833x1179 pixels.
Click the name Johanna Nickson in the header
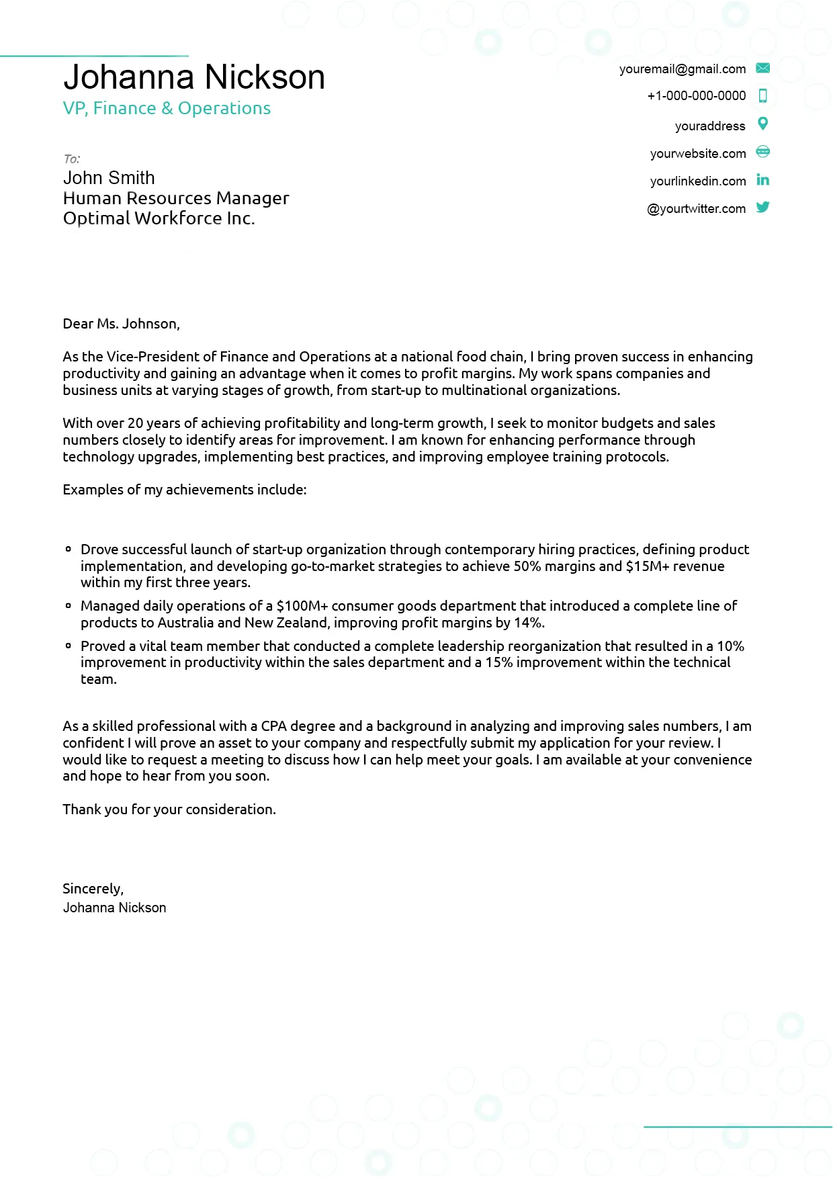[194, 77]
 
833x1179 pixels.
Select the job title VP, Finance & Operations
[167, 108]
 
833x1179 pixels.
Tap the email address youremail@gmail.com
[682, 69]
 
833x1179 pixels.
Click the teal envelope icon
[762, 68]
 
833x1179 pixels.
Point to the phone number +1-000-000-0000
[696, 96]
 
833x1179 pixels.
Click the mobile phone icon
[762, 95]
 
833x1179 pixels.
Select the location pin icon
[762, 124]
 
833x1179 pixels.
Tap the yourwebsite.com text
[697, 154]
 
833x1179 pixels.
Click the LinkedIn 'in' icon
[762, 179]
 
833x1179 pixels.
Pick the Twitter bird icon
[762, 207]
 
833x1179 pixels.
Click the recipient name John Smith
[109, 178]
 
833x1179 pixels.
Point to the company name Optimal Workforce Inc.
[159, 218]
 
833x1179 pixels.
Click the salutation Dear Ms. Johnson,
[121, 324]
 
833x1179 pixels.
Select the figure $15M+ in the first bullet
[647, 566]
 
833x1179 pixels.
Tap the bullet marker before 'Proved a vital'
[69, 646]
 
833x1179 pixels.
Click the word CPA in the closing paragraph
[273, 726]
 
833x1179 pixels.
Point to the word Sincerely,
[93, 889]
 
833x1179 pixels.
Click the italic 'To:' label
[72, 159]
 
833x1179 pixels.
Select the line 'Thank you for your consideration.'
[169, 810]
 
